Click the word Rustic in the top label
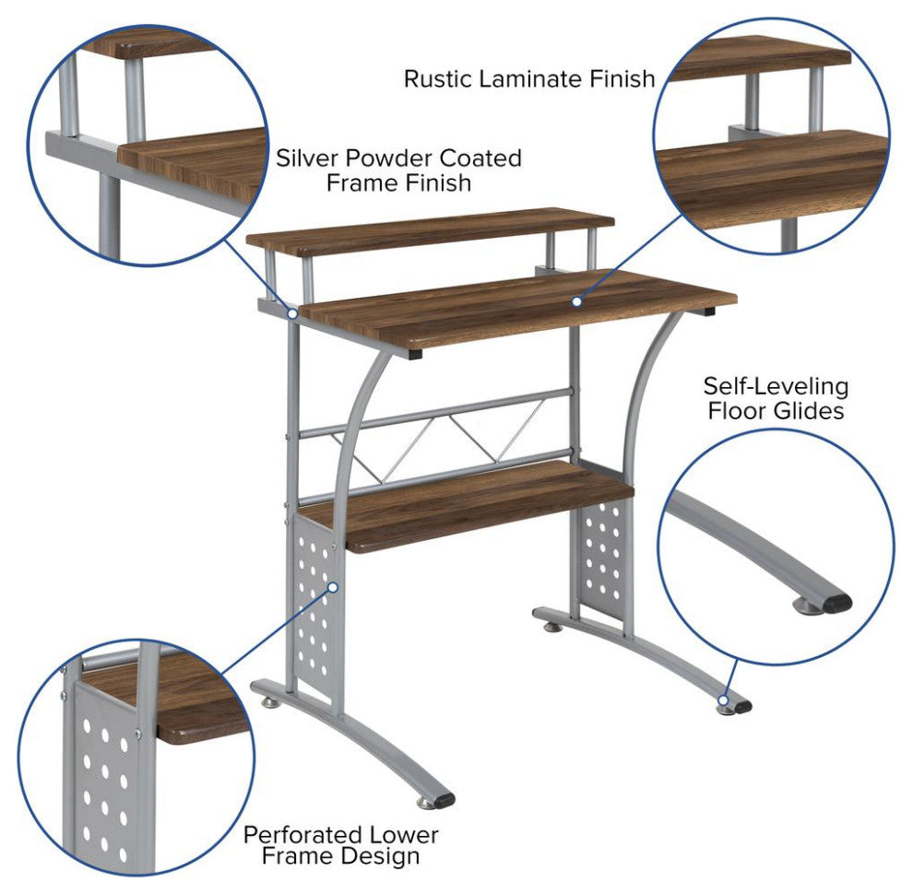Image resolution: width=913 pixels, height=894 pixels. point(438,78)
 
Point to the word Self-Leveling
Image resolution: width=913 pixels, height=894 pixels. point(776,386)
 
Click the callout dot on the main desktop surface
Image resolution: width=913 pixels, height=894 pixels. point(576,300)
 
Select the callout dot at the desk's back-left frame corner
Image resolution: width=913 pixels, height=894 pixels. point(293,313)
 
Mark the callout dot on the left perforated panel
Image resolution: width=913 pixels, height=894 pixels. point(333,587)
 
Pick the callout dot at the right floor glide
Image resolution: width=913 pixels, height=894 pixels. point(723,700)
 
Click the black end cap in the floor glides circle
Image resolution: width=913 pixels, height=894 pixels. point(837,603)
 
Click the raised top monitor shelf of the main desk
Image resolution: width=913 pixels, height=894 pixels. point(430,230)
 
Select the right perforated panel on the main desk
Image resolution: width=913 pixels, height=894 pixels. point(603,559)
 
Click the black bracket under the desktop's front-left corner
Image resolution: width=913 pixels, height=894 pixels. point(415,353)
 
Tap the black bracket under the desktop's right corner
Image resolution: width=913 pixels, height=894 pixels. point(707,312)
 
